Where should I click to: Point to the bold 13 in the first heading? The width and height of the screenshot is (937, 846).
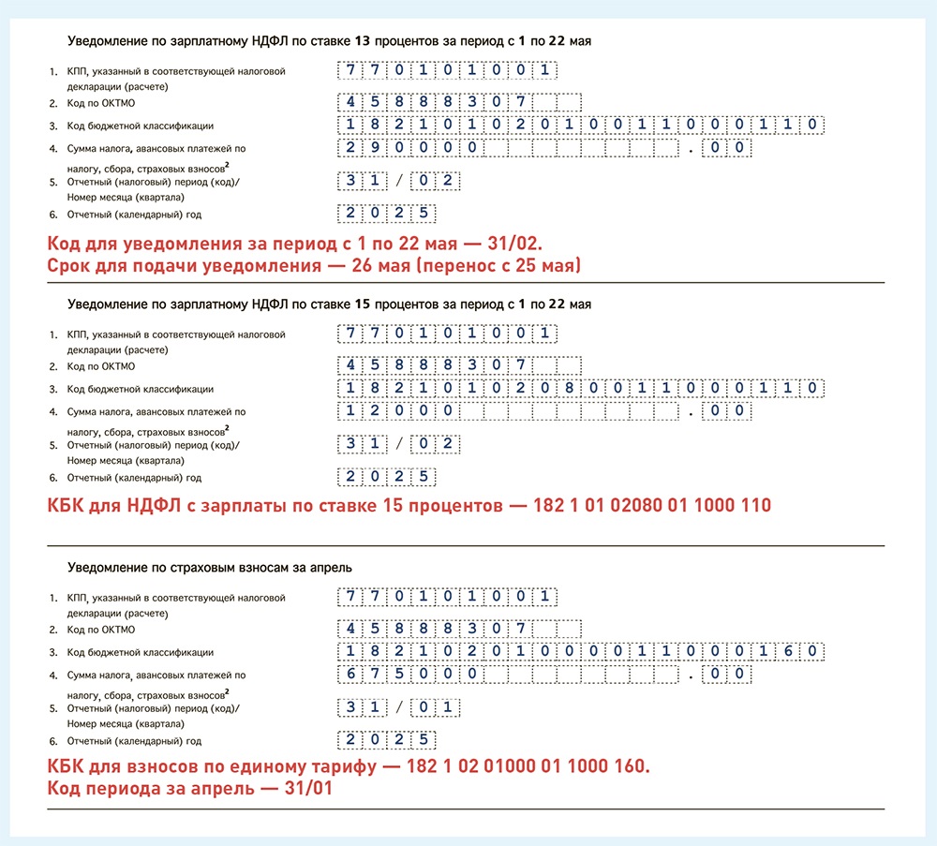pyautogui.click(x=363, y=41)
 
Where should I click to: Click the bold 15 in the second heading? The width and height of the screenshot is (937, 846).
pyautogui.click(x=363, y=304)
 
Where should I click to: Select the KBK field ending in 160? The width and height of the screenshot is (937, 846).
pyautogui.click(x=581, y=651)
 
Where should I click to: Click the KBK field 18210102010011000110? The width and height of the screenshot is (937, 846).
pyautogui.click(x=581, y=125)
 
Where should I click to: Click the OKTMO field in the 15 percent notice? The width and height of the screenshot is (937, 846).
pyautogui.click(x=459, y=364)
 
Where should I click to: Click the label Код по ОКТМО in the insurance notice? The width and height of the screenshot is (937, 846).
pyautogui.click(x=101, y=630)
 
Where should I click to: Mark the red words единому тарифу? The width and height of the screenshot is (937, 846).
pyautogui.click(x=298, y=767)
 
